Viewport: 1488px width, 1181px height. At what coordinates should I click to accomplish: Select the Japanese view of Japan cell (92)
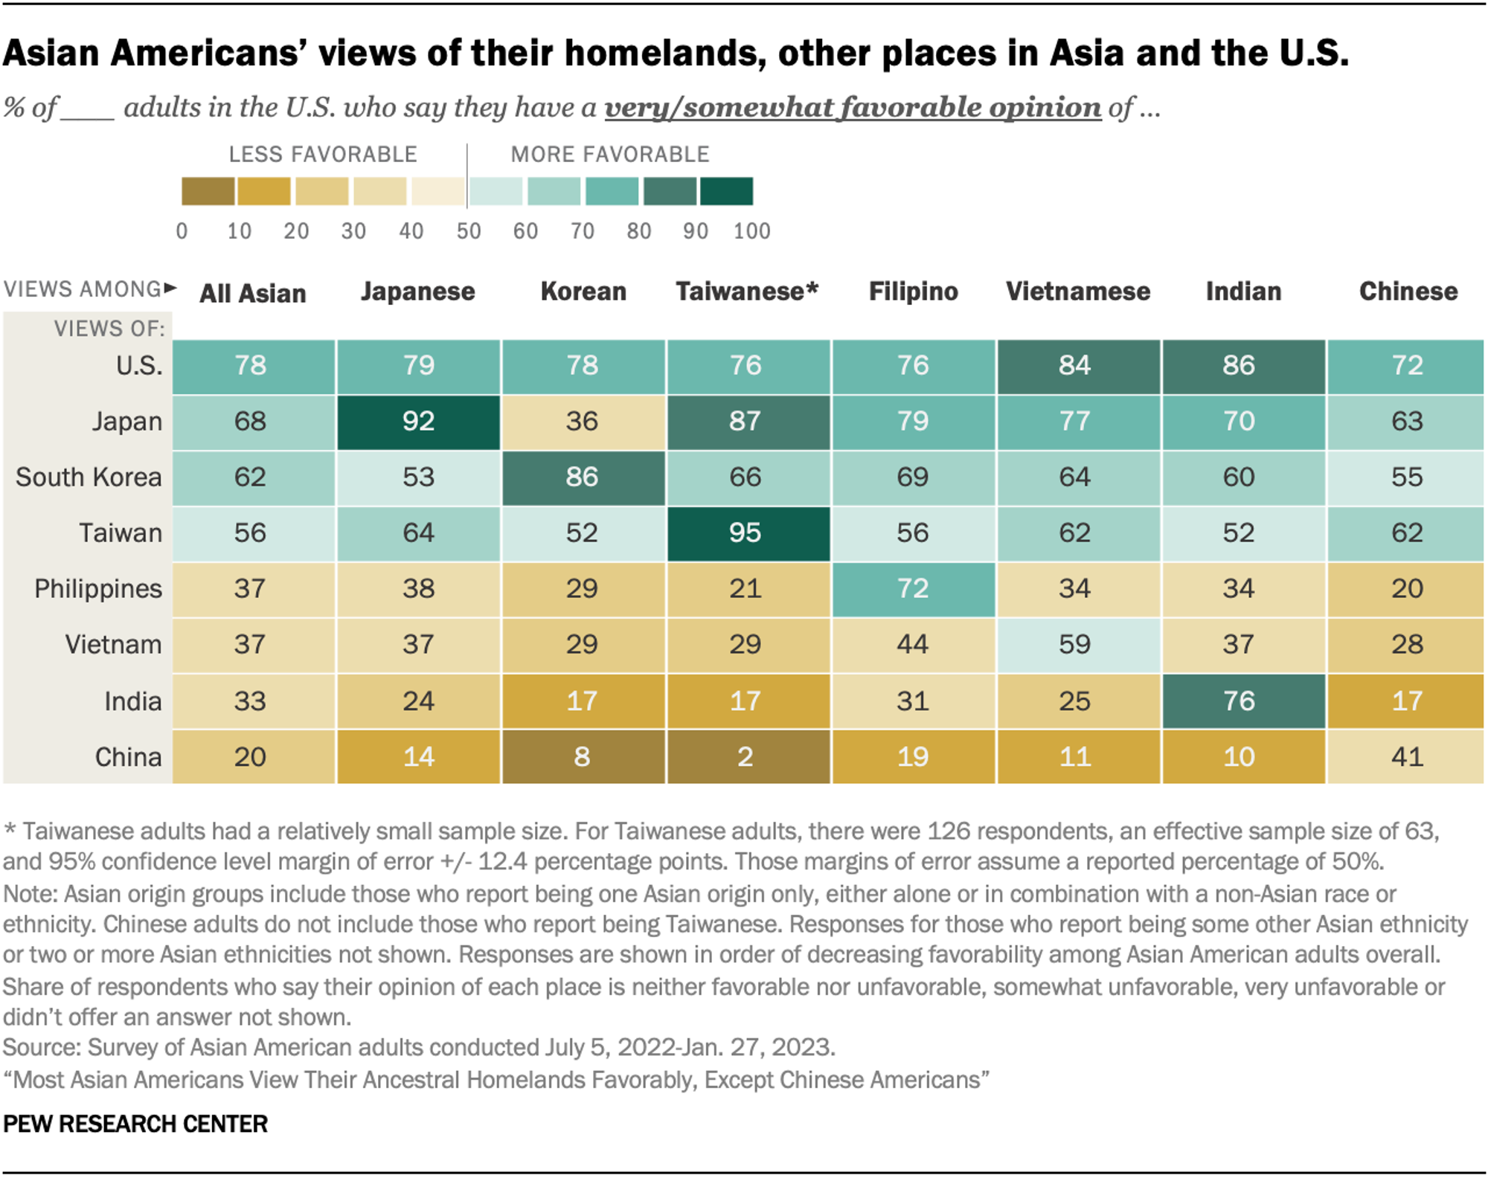pyautogui.click(x=418, y=422)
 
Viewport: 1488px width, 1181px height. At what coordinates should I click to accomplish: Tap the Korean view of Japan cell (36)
pyautogui.click(x=583, y=422)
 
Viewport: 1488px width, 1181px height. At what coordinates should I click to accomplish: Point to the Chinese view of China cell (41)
pyautogui.click(x=1405, y=757)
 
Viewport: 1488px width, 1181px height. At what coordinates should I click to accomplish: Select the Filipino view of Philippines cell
pyautogui.click(x=913, y=589)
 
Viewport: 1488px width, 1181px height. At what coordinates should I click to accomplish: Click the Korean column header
pyautogui.click(x=583, y=292)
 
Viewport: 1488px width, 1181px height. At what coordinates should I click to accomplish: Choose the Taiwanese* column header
pyautogui.click(x=747, y=292)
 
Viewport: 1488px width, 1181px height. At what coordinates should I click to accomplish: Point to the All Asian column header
pyautogui.click(x=253, y=294)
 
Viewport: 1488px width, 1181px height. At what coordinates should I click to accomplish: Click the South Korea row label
pyautogui.click(x=89, y=477)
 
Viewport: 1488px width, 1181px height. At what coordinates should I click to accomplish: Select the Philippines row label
pyautogui.click(x=98, y=589)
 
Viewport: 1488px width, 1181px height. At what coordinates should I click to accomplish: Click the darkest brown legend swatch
pyautogui.click(x=208, y=191)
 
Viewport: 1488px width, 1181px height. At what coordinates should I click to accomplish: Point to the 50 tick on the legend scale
pyautogui.click(x=469, y=231)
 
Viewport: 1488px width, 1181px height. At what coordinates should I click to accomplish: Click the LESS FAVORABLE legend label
pyautogui.click(x=323, y=155)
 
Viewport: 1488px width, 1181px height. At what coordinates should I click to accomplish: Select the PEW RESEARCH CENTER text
pyautogui.click(x=135, y=1124)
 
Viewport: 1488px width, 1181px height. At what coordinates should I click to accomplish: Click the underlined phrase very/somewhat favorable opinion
pyautogui.click(x=853, y=108)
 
